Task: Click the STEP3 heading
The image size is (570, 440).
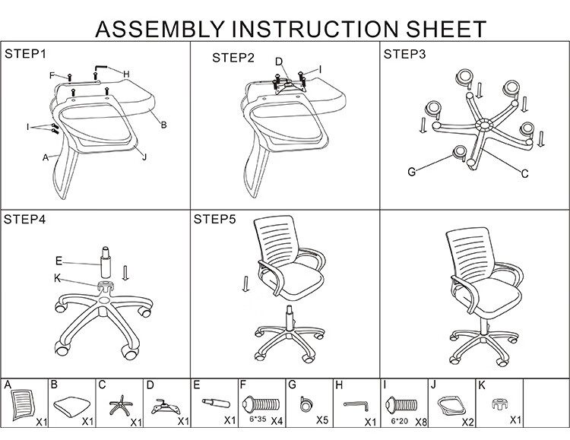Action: coord(404,54)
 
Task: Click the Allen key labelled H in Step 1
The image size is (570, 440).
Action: coord(101,69)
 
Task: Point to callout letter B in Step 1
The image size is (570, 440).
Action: coord(163,125)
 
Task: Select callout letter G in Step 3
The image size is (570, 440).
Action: coord(411,172)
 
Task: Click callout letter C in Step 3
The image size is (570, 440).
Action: coord(524,174)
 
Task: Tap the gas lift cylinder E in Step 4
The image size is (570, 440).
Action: coord(106,262)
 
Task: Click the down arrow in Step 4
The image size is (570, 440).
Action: coord(125,273)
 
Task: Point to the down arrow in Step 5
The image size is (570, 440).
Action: coord(245,284)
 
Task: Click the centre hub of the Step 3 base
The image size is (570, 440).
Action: coord(484,125)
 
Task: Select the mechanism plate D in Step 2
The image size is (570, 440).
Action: coord(290,87)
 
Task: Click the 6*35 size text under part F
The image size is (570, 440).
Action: coord(258,419)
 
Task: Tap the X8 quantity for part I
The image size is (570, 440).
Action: coord(421,422)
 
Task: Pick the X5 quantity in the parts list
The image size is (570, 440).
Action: coord(322,420)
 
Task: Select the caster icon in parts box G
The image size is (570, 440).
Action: coord(306,404)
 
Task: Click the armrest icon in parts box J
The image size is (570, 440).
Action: coord(451,405)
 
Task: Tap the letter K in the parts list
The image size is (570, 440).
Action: coord(482,385)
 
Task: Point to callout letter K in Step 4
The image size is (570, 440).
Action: coord(57,278)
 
